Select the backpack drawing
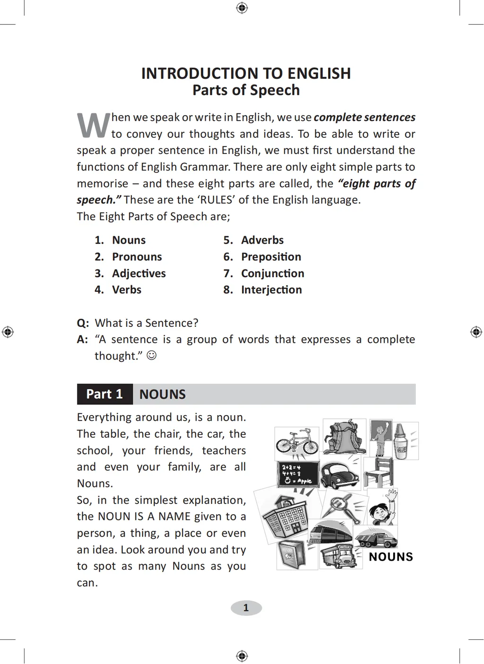344,436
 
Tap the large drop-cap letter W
93,126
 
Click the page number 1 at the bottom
246,608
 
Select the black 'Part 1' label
104,394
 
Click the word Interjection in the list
271,289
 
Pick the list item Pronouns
137,256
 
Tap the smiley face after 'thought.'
151,355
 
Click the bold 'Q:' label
83,323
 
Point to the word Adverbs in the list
262,240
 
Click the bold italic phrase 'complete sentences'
364,117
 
